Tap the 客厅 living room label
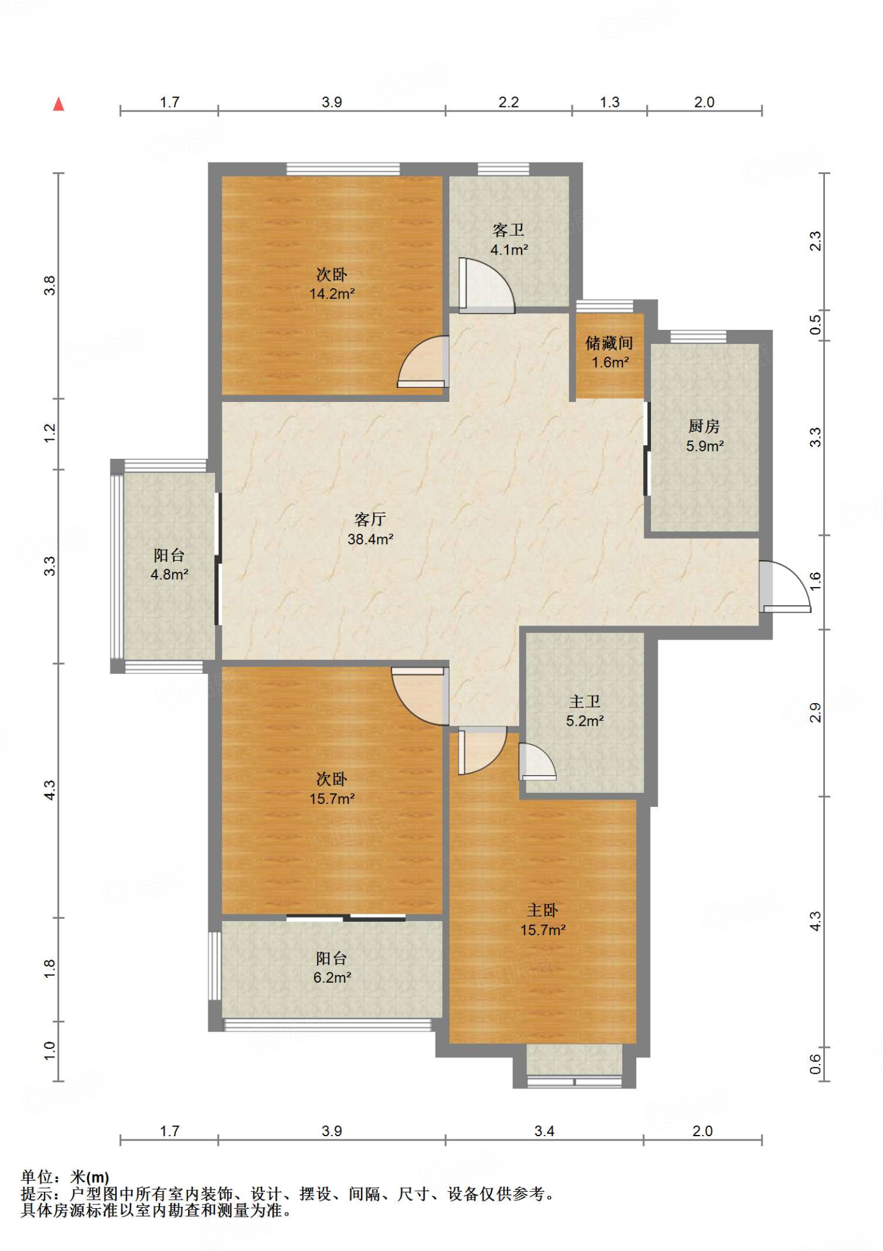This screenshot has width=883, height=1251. point(370,519)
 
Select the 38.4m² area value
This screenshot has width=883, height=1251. point(370,539)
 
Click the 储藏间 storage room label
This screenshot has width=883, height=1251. point(609,343)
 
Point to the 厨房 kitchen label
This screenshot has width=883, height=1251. point(704,426)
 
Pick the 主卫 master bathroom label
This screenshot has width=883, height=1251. point(584,701)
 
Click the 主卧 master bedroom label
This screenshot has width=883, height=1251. point(543,910)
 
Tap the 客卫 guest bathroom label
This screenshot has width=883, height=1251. point(509,230)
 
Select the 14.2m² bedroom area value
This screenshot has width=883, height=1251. point(332,294)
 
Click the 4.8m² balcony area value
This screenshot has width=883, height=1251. point(169,574)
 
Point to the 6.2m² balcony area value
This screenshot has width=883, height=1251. point(332,977)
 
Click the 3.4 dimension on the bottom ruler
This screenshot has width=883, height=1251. point(544,1131)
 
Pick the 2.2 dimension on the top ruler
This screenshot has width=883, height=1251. point(509,102)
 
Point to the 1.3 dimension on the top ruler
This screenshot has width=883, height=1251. point(609,102)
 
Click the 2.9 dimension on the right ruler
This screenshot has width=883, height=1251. point(815,712)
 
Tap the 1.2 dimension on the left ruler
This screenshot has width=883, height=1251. point(49,433)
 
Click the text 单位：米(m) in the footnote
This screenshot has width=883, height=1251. point(65,1176)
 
